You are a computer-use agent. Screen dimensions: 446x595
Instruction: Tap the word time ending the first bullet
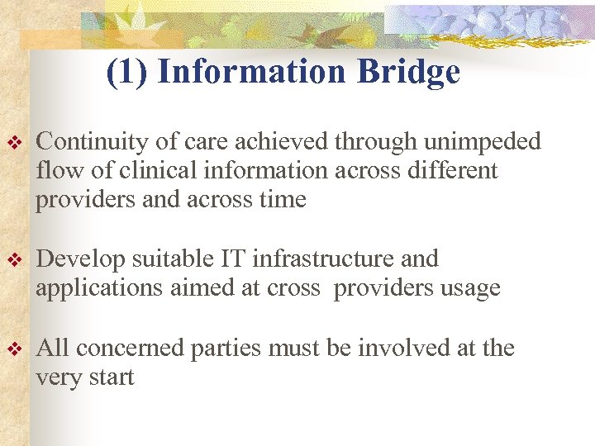[282, 200]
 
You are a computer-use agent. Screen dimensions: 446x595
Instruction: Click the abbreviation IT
[233, 259]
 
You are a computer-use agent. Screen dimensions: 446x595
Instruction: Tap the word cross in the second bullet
[294, 288]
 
